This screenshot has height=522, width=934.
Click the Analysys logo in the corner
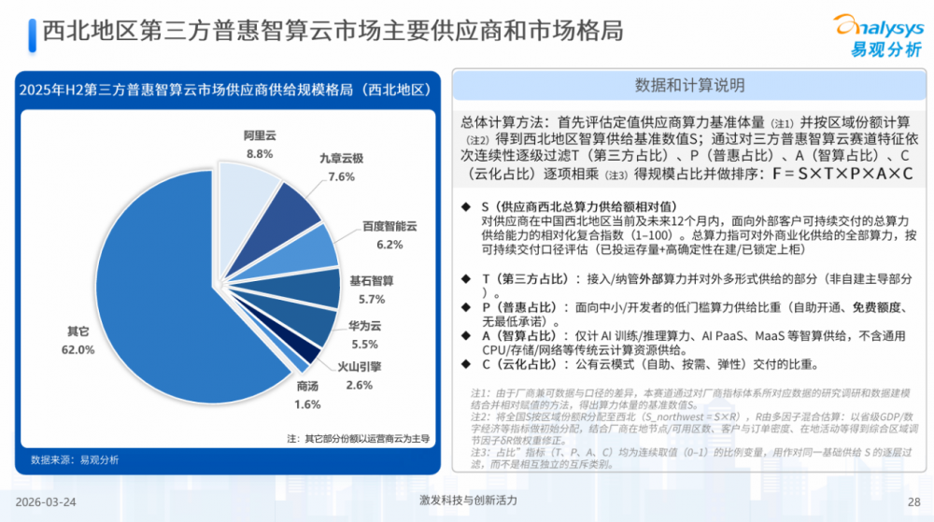click(877, 35)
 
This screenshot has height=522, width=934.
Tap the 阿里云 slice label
click(260, 135)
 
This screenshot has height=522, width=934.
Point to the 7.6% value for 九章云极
click(341, 176)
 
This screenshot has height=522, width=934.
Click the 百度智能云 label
click(389, 227)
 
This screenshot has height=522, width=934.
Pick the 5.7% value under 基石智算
click(372, 299)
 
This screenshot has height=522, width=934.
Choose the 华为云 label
click(364, 327)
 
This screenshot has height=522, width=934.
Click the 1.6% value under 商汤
click(307, 404)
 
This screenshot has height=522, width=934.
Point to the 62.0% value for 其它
click(78, 349)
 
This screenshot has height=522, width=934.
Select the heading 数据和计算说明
click(690, 86)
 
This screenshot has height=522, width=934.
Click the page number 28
click(913, 501)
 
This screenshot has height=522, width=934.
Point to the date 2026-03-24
click(48, 501)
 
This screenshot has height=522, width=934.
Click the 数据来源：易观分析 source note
click(75, 459)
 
